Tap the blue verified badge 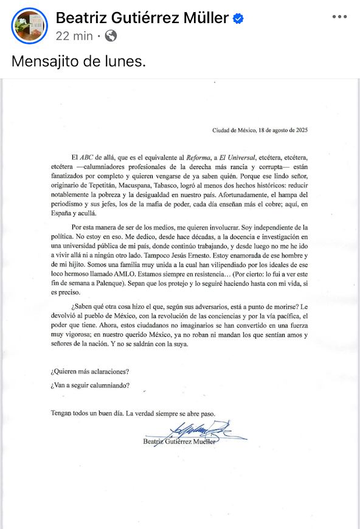tap(238, 19)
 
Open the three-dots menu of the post tap(339, 17)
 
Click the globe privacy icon tap(111, 36)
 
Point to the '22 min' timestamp tap(74, 36)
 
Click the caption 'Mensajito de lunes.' tap(79, 62)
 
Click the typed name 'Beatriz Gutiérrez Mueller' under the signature tap(179, 443)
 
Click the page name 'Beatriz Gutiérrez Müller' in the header tap(143, 18)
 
